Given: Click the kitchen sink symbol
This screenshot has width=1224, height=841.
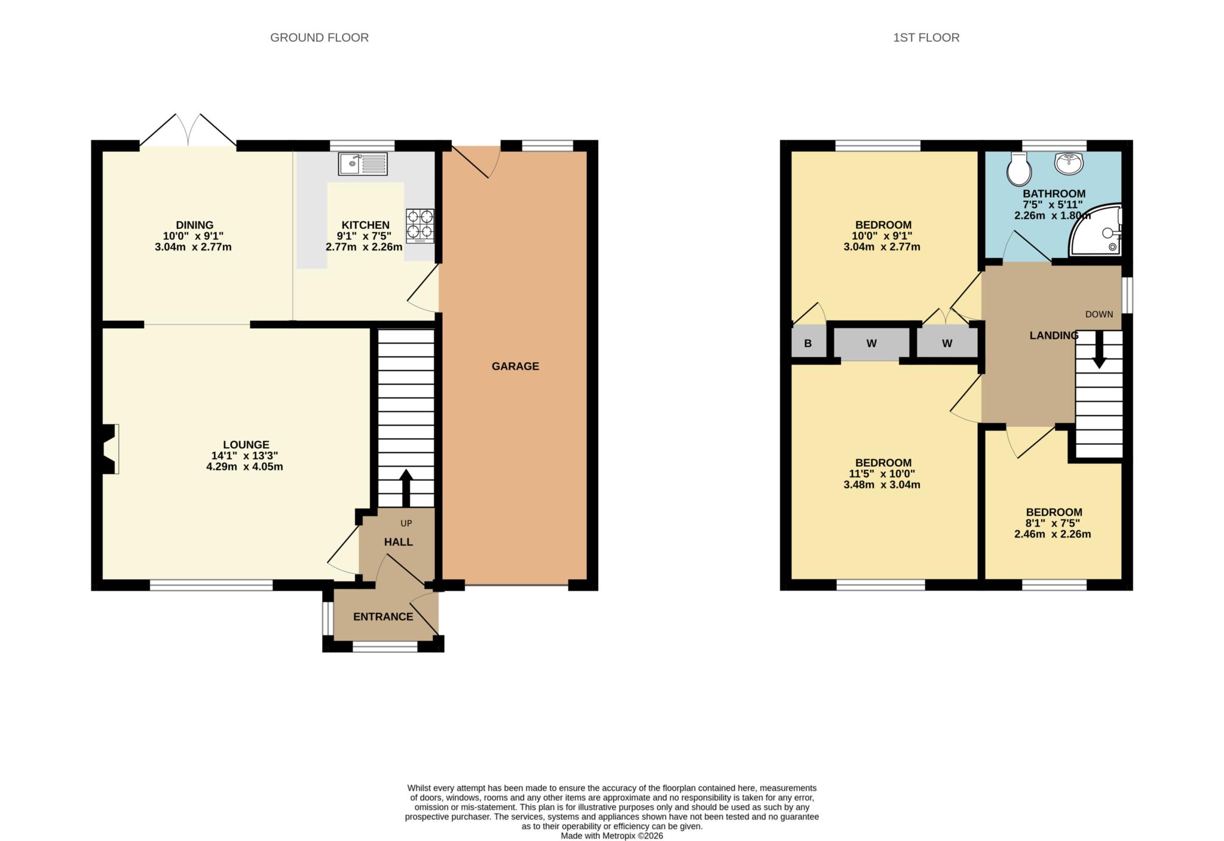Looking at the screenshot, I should pyautogui.click(x=363, y=164).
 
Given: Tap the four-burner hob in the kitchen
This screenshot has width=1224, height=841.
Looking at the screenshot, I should pyautogui.click(x=420, y=225).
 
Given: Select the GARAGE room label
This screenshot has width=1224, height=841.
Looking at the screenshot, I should pyautogui.click(x=515, y=366).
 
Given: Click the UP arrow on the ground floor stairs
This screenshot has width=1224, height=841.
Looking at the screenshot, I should pyautogui.click(x=406, y=488).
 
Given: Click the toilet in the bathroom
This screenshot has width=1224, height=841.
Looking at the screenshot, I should pyautogui.click(x=1018, y=169).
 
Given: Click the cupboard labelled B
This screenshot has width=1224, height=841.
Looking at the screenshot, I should pyautogui.click(x=808, y=344).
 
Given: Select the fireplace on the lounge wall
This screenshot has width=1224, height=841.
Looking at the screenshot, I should pyautogui.click(x=109, y=449).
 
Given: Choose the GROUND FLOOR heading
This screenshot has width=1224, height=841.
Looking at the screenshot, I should pyautogui.click(x=319, y=38).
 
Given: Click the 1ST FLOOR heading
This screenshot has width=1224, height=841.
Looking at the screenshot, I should pyautogui.click(x=926, y=38).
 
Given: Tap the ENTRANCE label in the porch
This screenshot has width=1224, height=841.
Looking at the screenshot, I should pyautogui.click(x=383, y=617).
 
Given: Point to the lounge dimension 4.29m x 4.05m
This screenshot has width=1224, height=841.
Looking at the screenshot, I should pyautogui.click(x=244, y=467).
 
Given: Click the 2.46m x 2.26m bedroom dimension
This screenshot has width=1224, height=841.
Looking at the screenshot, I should pyautogui.click(x=1052, y=534).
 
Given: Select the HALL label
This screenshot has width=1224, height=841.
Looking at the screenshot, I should pyautogui.click(x=398, y=542).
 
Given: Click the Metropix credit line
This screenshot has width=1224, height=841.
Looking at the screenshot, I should pyautogui.click(x=611, y=836).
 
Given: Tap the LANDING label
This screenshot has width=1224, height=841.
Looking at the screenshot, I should pyautogui.click(x=1054, y=335).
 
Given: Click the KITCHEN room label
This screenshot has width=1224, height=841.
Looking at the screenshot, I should pyautogui.click(x=365, y=225).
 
